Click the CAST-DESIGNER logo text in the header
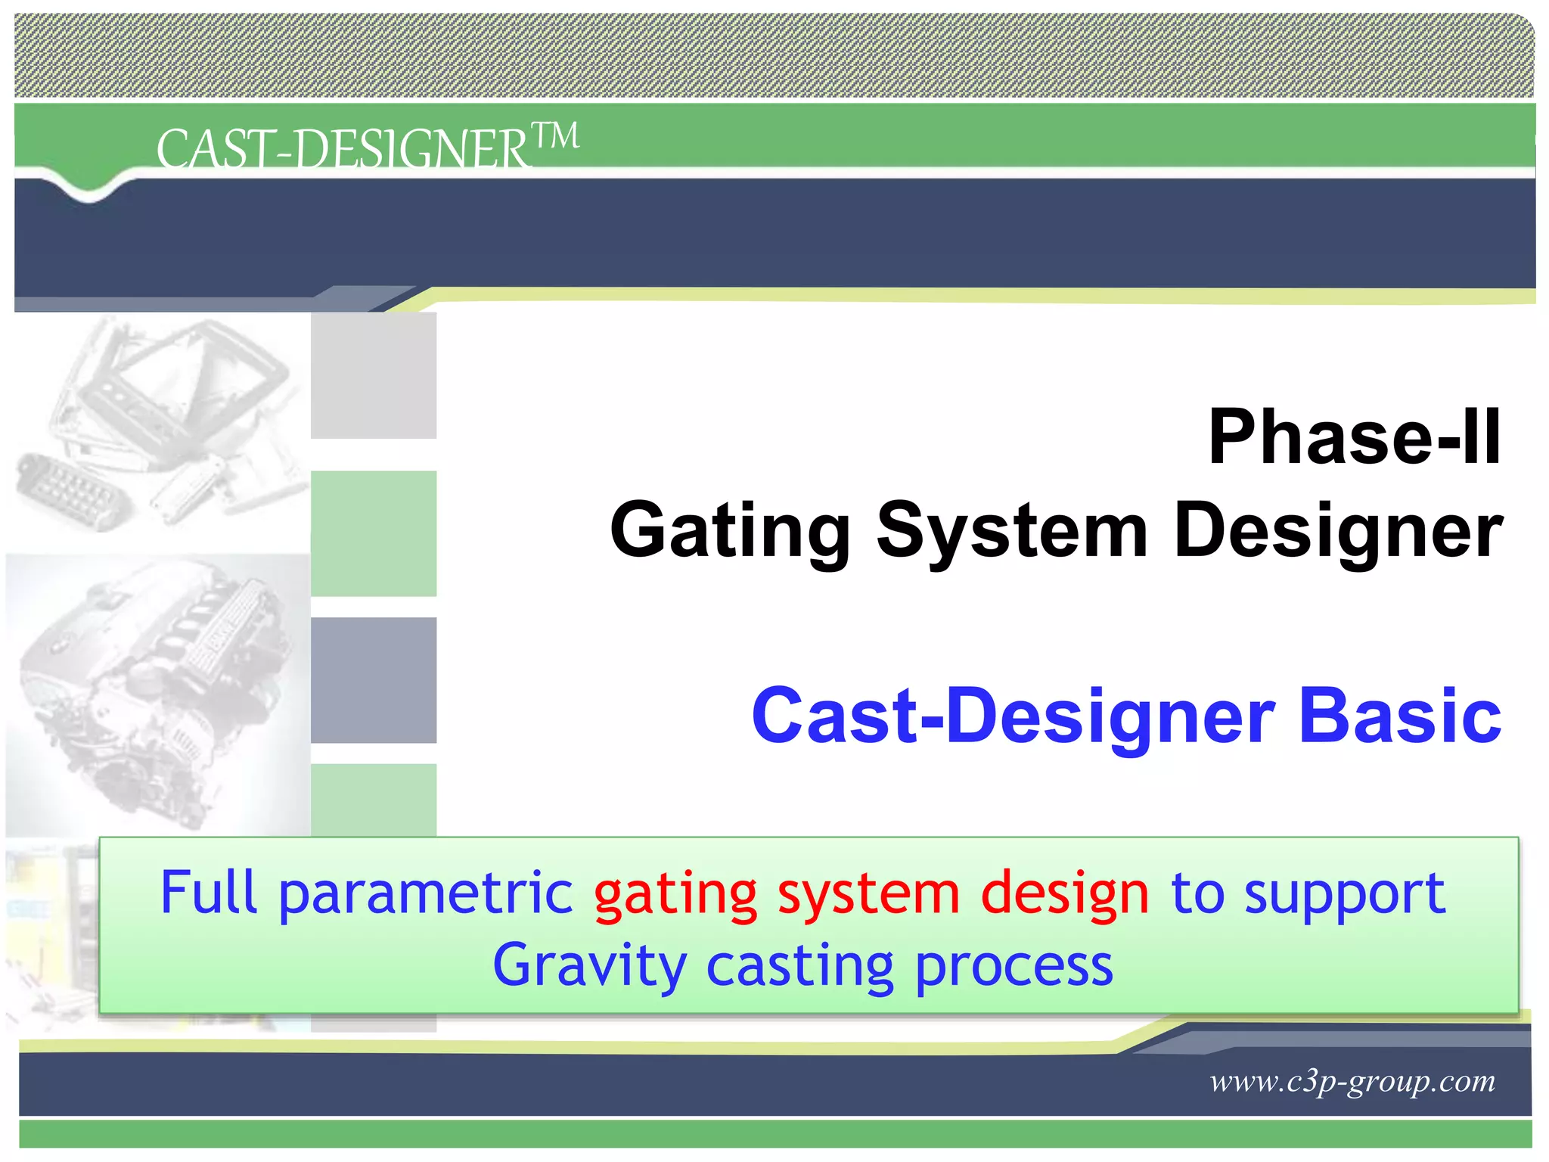[x=342, y=148]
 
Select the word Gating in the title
[x=731, y=532]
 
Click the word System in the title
[x=1012, y=532]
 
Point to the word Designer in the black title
[x=1337, y=532]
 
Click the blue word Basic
[x=1399, y=716]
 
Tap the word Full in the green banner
[x=209, y=893]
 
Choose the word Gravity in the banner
[x=589, y=967]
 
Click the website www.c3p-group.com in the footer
[x=1352, y=1081]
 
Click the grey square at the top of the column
[x=374, y=375]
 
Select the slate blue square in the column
[x=374, y=679]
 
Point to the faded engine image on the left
[x=155, y=692]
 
